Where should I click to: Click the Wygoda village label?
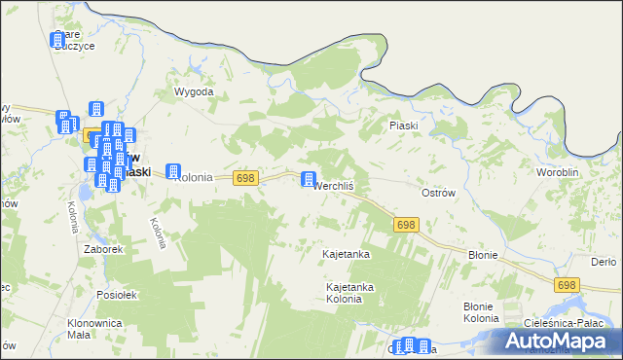pyautogui.click(x=193, y=92)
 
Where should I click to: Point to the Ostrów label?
pyautogui.click(x=438, y=193)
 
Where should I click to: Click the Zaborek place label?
pyautogui.click(x=103, y=249)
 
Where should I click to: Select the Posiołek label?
pyautogui.click(x=118, y=294)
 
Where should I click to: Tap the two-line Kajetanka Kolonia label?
pyautogui.click(x=350, y=293)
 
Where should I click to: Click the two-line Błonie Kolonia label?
pyautogui.click(x=481, y=312)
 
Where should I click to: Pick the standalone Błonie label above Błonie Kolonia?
pyautogui.click(x=483, y=255)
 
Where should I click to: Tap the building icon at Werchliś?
pyautogui.click(x=309, y=180)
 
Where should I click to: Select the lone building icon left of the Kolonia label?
pyautogui.click(x=173, y=170)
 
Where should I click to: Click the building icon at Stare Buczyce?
pyautogui.click(x=56, y=40)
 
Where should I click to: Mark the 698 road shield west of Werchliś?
pyautogui.click(x=245, y=177)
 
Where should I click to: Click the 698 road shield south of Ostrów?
pyautogui.click(x=407, y=225)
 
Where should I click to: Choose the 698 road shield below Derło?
pyautogui.click(x=568, y=285)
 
